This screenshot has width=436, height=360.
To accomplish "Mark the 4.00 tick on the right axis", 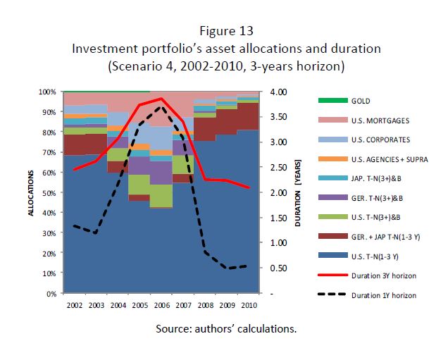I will coord(278,92).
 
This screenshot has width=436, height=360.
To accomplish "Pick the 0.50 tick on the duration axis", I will coord(278,268).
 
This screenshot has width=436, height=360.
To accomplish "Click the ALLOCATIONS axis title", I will coord(32,192).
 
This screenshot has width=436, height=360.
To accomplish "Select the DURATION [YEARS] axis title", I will coord(298,192).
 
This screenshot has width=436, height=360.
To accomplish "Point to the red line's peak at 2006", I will coord(162,99).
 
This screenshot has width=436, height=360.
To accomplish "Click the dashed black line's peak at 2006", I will coord(162,107).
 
